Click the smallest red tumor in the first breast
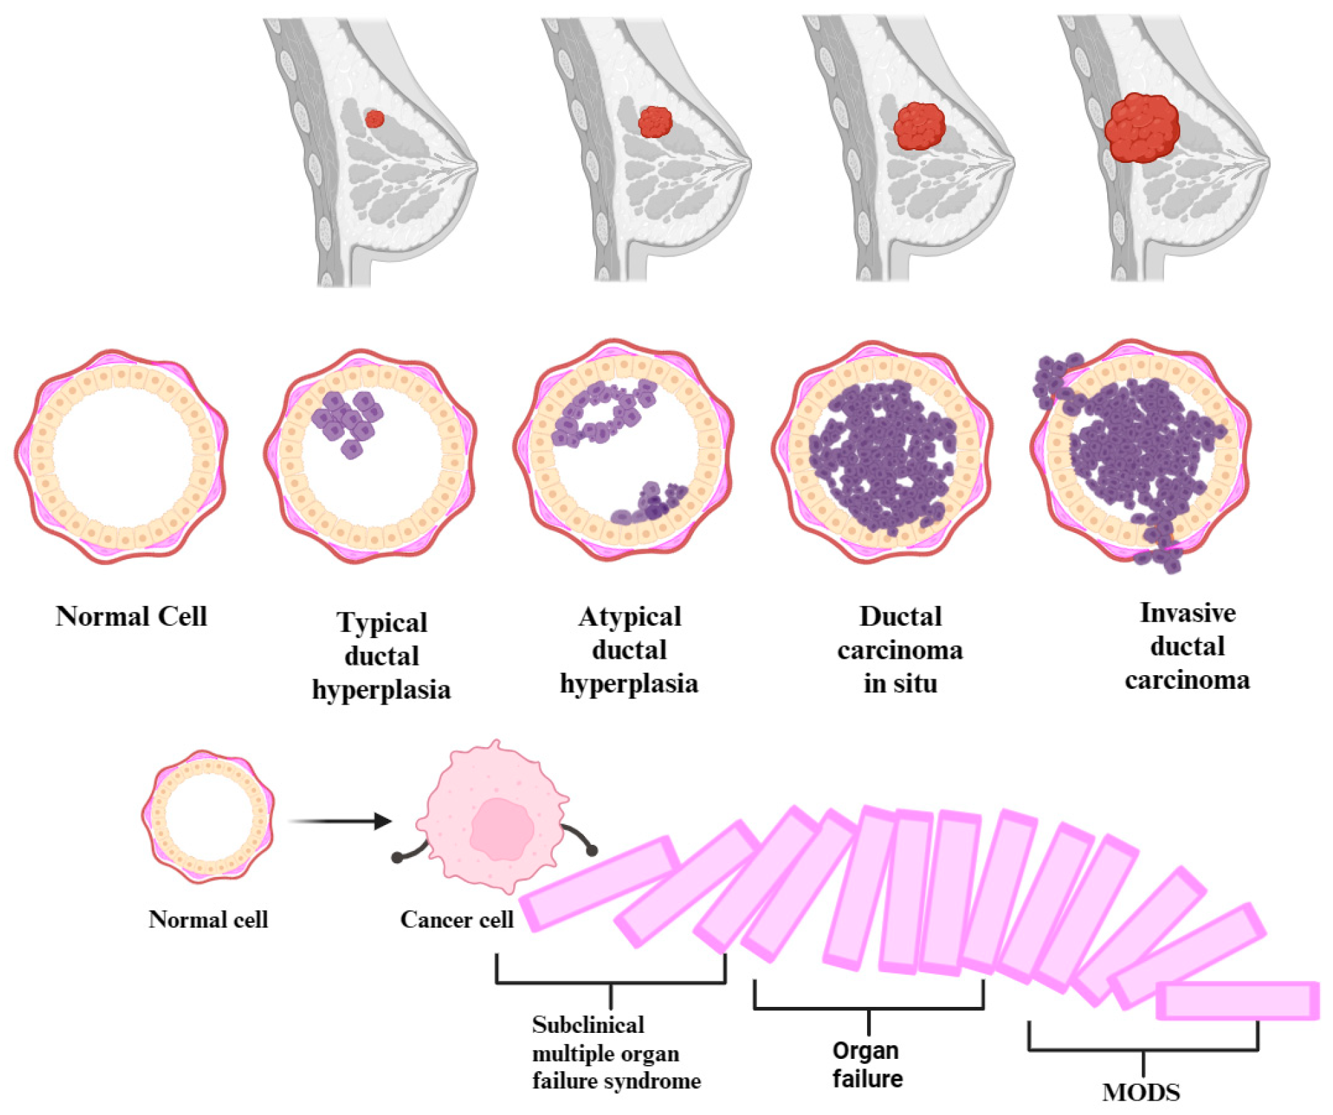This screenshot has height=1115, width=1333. pyautogui.click(x=374, y=119)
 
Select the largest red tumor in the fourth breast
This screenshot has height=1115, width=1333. pyautogui.click(x=1141, y=128)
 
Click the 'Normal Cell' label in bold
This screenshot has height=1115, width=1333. pyautogui.click(x=131, y=616)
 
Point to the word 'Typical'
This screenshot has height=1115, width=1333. pyautogui.click(x=382, y=622)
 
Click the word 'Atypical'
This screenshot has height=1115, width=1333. pyautogui.click(x=630, y=616)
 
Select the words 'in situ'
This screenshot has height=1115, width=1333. pyautogui.click(x=900, y=683)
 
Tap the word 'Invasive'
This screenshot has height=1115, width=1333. pyautogui.click(x=1187, y=613)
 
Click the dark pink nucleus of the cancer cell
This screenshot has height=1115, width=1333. pyautogui.click(x=502, y=829)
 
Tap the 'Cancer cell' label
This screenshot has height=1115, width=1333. pyautogui.click(x=456, y=919)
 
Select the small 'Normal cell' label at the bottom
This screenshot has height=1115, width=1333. pyautogui.click(x=208, y=919)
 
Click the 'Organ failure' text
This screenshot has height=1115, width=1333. pyautogui.click(x=867, y=1064)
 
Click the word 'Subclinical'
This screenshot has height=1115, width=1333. pyautogui.click(x=588, y=1025)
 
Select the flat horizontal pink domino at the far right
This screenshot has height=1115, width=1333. pyautogui.click(x=1237, y=1000)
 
